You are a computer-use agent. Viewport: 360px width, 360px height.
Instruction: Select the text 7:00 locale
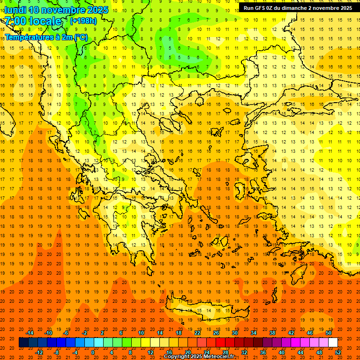click(x=33, y=21)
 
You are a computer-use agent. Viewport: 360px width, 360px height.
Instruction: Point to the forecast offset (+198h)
click(x=83, y=21)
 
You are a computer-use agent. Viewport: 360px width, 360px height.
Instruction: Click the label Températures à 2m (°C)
click(x=46, y=37)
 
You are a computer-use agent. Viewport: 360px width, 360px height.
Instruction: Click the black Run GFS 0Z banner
click(x=298, y=8)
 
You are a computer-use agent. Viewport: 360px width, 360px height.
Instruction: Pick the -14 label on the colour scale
click(x=30, y=333)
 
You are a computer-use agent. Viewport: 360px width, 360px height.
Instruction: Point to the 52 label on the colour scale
click(x=338, y=352)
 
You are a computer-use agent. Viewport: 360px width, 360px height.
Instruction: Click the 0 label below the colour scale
click(x=93, y=352)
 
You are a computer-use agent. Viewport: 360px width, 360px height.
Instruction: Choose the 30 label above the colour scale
click(x=234, y=333)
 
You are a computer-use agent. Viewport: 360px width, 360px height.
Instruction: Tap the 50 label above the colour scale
click(x=328, y=333)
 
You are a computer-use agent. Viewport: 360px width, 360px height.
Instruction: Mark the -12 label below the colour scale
click(x=39, y=352)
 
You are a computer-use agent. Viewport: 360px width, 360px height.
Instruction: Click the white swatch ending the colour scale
click(x=333, y=343)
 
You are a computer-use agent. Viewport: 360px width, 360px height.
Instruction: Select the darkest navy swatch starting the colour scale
click(x=23, y=343)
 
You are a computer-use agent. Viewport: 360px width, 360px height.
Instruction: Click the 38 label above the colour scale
click(x=272, y=333)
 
